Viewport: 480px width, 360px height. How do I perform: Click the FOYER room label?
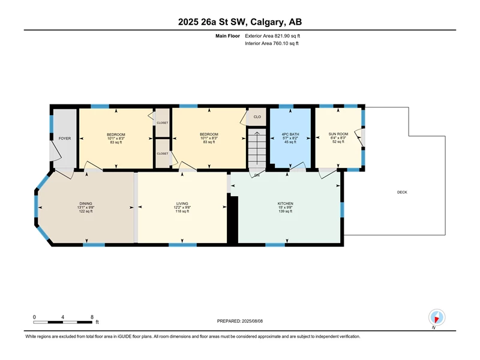[x=65, y=139]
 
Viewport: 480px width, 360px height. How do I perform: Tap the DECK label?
[x=402, y=192]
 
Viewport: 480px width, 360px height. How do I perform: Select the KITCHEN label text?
[x=286, y=203]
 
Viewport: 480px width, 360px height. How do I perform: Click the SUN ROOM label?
[x=338, y=134]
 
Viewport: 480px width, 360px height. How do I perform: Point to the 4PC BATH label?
[x=290, y=134]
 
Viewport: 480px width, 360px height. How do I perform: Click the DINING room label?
[x=86, y=203]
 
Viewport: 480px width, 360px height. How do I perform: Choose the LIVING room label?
[x=182, y=203]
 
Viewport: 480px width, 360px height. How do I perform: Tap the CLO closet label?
[x=257, y=116]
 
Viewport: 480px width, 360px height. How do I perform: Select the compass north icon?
[x=437, y=317]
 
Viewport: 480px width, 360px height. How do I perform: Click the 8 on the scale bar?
[x=92, y=317]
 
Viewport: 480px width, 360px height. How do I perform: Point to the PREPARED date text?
[x=239, y=321]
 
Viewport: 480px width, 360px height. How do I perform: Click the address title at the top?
[x=240, y=22]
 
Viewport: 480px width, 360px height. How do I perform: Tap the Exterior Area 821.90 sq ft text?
[x=272, y=36]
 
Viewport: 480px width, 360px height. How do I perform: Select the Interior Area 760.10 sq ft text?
[x=272, y=43]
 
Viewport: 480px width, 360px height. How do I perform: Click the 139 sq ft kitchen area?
[x=286, y=211]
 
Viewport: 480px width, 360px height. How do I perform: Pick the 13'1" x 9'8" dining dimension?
[x=86, y=207]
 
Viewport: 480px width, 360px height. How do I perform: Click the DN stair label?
[x=257, y=175]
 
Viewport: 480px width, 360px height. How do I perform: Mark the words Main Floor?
[x=227, y=36]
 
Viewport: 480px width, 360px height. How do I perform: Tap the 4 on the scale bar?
[x=62, y=317]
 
